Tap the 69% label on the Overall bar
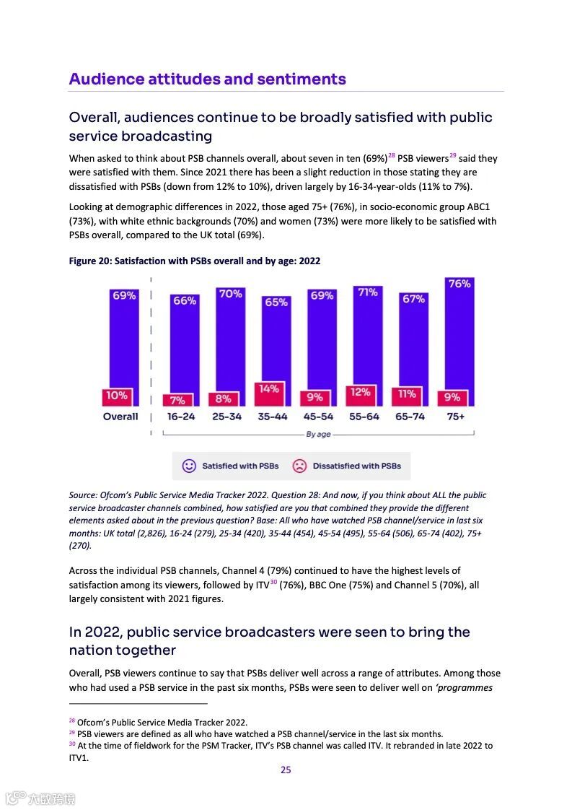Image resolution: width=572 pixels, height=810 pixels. (123, 295)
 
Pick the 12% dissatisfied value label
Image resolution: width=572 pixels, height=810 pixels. (361, 392)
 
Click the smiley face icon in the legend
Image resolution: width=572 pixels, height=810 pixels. (189, 466)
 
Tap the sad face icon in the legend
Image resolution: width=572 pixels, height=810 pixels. (299, 466)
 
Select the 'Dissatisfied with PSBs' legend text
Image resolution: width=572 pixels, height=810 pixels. (356, 466)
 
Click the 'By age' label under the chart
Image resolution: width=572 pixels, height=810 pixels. (318, 435)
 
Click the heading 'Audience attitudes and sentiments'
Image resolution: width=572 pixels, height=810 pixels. (208, 79)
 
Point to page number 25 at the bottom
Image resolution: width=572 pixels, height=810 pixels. (286, 770)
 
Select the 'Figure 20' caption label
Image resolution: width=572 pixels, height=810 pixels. (94, 261)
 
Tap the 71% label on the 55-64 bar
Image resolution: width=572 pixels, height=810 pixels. (368, 292)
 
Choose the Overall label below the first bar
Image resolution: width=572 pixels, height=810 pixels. (120, 417)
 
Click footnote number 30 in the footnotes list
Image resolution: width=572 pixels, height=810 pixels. (72, 744)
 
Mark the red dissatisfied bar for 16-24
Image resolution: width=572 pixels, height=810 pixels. (178, 400)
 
